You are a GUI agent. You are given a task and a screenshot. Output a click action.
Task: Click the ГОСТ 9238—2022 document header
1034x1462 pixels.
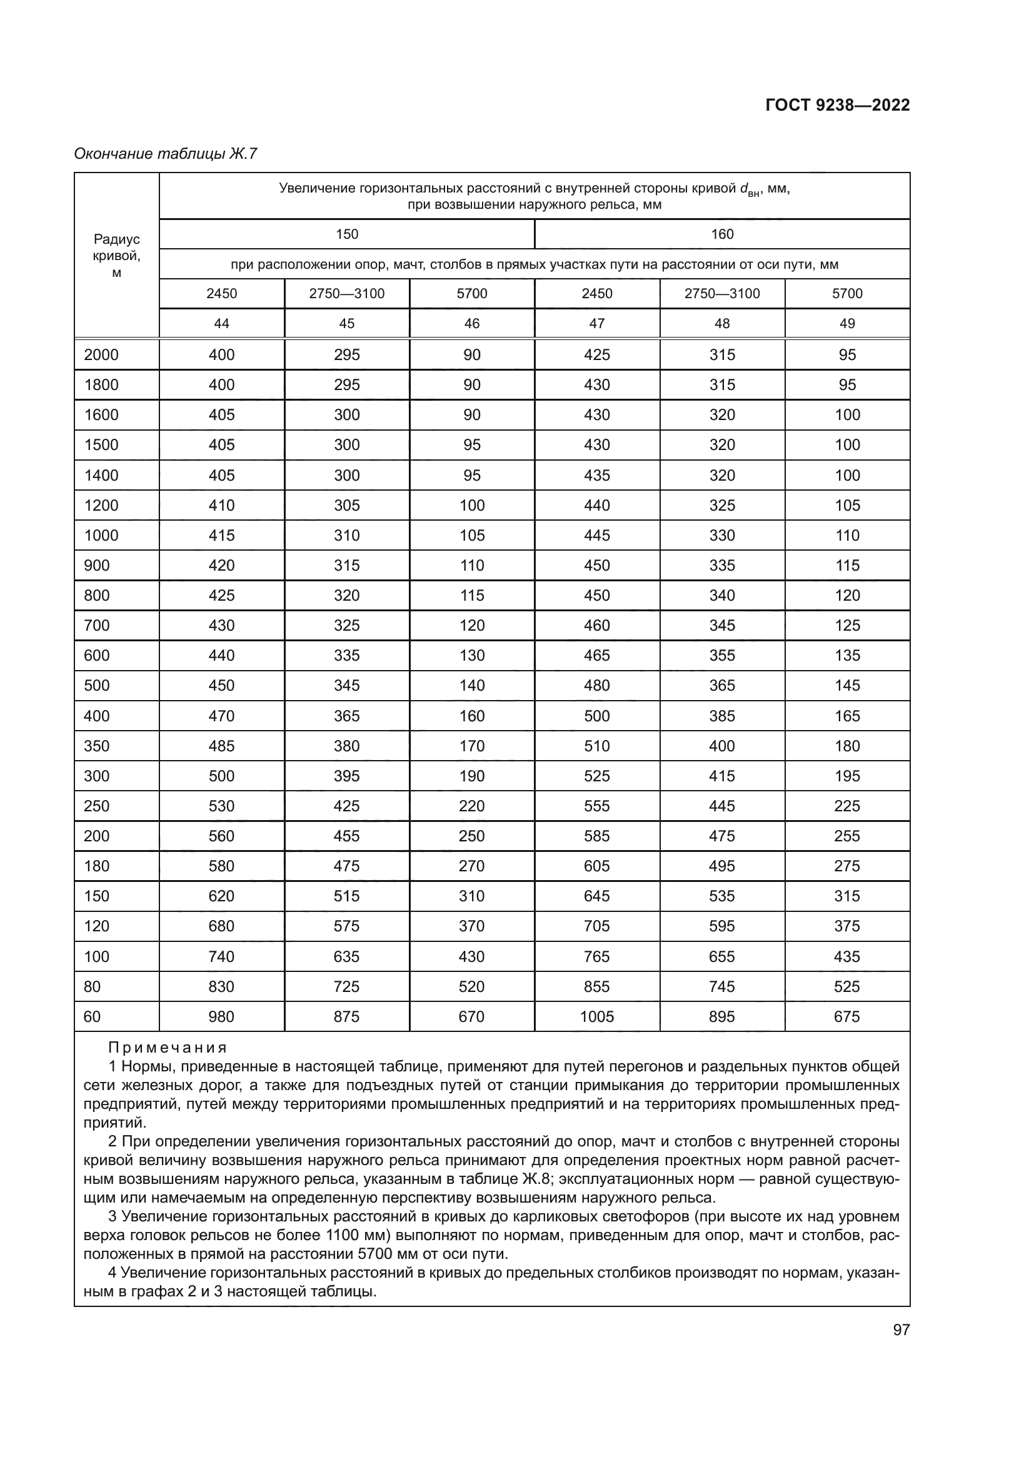pyautogui.click(x=836, y=105)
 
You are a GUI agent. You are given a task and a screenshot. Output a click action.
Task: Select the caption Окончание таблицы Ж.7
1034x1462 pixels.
pyautogui.click(x=166, y=154)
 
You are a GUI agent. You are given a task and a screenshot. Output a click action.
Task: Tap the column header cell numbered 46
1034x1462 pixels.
pyautogui.click(x=472, y=324)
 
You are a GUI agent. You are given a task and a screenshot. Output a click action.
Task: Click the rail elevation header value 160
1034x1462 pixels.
pyautogui.click(x=722, y=234)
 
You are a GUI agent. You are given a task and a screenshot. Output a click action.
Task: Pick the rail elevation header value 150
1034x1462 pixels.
pyautogui.click(x=347, y=234)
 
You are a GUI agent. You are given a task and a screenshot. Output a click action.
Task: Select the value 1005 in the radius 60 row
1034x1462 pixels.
pyautogui.click(x=596, y=1016)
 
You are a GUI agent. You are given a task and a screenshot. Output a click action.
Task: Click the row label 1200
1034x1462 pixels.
pyautogui.click(x=101, y=505)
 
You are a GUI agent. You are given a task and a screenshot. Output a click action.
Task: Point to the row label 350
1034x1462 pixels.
pyautogui.click(x=97, y=746)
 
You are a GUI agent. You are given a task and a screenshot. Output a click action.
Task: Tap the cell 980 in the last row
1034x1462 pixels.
pyautogui.click(x=221, y=1016)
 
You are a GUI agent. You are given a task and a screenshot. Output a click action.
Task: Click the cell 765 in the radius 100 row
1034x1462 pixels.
pyautogui.click(x=596, y=956)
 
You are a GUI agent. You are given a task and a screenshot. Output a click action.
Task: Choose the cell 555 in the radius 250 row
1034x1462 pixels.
pyautogui.click(x=596, y=806)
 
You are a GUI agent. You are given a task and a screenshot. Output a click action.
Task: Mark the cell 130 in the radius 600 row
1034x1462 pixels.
pyautogui.click(x=472, y=655)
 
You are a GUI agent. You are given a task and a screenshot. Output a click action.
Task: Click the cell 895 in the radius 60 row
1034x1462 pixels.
pyautogui.click(x=722, y=1016)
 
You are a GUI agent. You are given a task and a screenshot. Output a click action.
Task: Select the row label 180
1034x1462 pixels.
pyautogui.click(x=97, y=866)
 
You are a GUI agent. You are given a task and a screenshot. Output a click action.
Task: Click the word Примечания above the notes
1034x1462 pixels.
pyautogui.click(x=168, y=1047)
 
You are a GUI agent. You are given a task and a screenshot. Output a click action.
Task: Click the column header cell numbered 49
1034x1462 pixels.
pyautogui.click(x=847, y=324)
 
